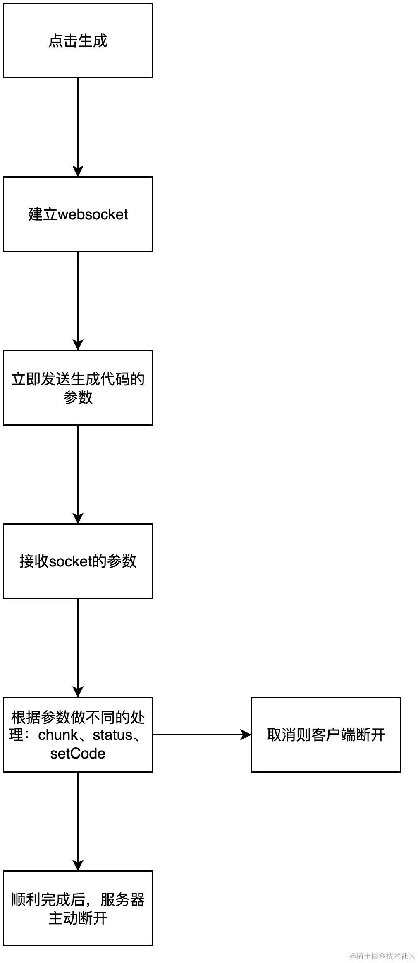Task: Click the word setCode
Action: [x=78, y=754]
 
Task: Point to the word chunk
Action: [x=58, y=735]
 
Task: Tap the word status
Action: [x=112, y=735]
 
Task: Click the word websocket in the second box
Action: [x=93, y=214]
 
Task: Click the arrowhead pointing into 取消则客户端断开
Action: [x=246, y=735]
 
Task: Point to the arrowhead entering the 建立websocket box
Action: [x=78, y=171]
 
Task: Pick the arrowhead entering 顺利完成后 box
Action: [x=78, y=865]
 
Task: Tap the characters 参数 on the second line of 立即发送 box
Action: [x=78, y=397]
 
